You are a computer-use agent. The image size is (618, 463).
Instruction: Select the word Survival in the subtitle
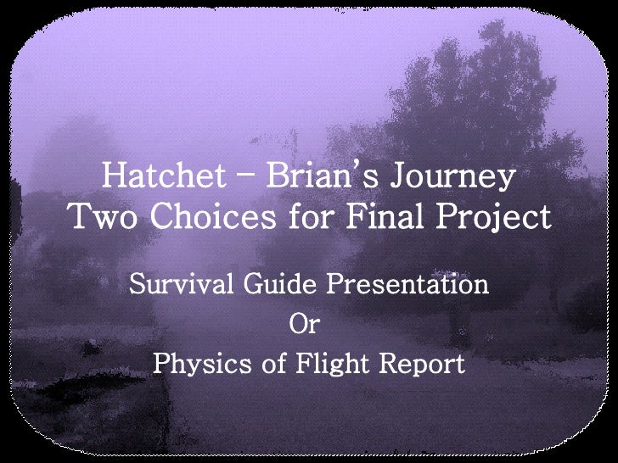(177, 283)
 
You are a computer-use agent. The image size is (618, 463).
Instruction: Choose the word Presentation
(408, 283)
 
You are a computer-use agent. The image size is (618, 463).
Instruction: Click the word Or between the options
(306, 324)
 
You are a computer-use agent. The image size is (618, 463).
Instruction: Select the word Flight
(326, 366)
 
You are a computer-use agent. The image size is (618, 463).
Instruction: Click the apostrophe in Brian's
(357, 167)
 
